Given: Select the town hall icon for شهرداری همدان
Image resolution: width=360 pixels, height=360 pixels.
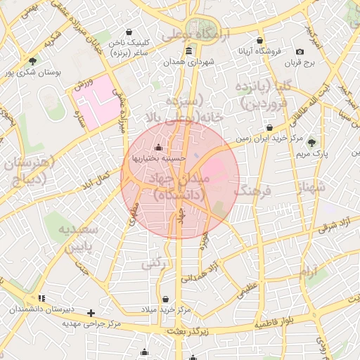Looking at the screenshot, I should point(188,51).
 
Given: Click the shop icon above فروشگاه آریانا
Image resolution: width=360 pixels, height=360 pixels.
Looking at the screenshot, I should point(260,40).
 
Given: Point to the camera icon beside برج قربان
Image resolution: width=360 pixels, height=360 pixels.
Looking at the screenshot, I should point(300,51).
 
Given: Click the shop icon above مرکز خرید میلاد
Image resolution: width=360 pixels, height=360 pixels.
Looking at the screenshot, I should point(165,299).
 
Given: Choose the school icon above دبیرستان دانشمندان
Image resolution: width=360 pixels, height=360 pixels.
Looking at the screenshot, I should point(41,298).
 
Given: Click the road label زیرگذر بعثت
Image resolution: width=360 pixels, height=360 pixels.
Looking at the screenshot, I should point(186,330).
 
